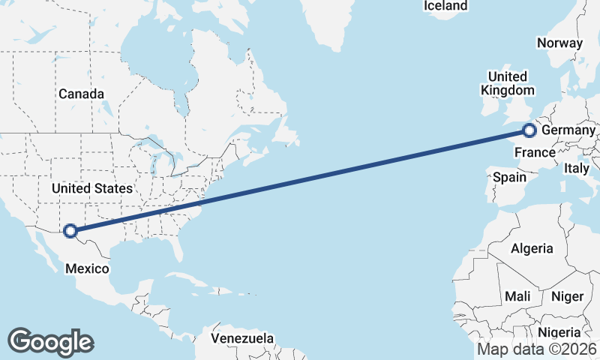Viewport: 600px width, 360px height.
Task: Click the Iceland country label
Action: [x=445, y=6]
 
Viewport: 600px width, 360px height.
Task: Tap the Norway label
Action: [x=559, y=43]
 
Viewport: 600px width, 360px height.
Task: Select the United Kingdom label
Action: [x=508, y=83]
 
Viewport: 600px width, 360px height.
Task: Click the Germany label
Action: [x=568, y=131]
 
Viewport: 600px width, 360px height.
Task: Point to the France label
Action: [x=535, y=154]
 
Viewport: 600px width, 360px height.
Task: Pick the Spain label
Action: [x=509, y=178]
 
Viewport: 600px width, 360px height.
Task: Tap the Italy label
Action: [x=577, y=169]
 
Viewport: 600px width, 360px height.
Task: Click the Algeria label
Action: [x=532, y=248]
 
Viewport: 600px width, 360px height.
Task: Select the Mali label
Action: [x=517, y=296]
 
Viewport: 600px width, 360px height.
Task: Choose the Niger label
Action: [x=567, y=296]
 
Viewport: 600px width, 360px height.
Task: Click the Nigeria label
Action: [x=560, y=332]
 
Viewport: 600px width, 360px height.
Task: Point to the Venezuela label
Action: [x=242, y=339]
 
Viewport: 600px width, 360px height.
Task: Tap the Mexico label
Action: [x=88, y=268]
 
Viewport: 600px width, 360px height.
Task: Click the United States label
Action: [x=92, y=187]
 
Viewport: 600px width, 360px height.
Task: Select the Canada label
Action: [x=81, y=94]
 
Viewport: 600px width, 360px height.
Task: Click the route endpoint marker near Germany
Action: [x=529, y=130]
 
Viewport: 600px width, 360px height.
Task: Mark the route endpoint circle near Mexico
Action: [x=70, y=231]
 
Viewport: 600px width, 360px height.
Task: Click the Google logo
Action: [x=50, y=341]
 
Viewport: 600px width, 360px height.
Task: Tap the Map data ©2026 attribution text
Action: [x=537, y=349]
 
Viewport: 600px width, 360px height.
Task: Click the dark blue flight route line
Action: [x=300, y=181]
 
